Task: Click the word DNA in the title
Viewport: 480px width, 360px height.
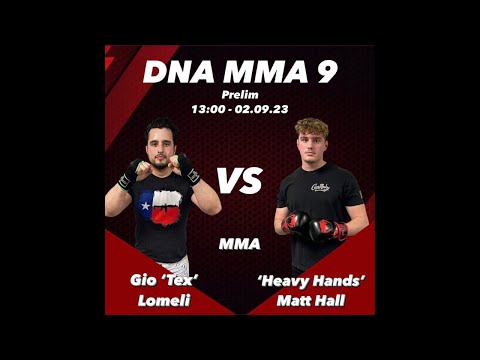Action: point(176,72)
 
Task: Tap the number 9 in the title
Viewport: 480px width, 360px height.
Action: point(324,72)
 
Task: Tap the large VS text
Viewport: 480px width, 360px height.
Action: point(239,181)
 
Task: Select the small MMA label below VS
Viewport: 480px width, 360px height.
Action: point(239,243)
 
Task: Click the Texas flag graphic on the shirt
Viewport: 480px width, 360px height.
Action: point(160,209)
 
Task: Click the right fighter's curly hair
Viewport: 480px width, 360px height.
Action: point(311,128)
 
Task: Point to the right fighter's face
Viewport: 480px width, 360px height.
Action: point(311,146)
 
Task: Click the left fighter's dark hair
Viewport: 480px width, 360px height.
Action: point(160,127)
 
